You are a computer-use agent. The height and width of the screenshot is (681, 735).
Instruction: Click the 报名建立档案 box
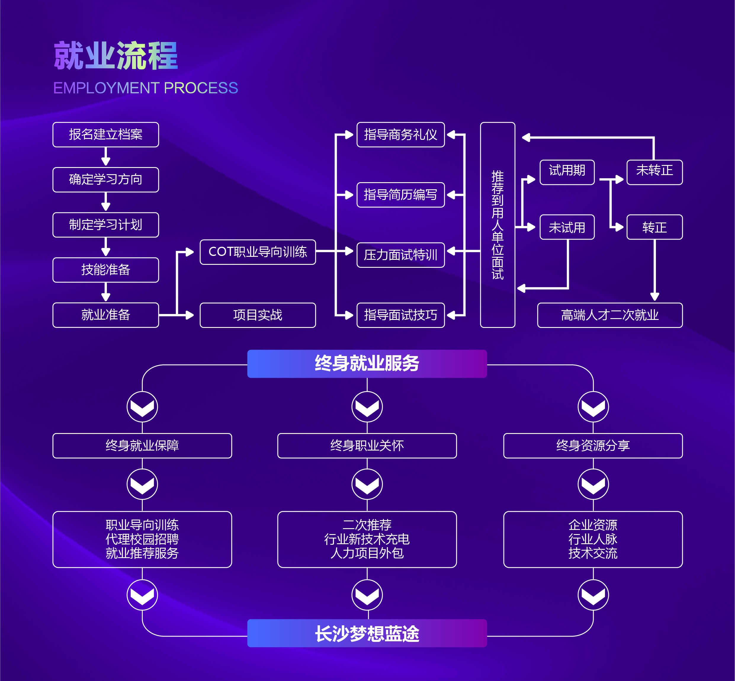[x=106, y=134]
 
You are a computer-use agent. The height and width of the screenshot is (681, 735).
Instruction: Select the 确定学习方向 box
[x=106, y=180]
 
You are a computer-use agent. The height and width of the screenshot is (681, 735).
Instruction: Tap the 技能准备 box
[x=106, y=270]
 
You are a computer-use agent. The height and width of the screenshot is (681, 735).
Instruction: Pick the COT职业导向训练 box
[x=258, y=252]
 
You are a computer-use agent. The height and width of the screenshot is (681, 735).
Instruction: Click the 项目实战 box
[x=258, y=315]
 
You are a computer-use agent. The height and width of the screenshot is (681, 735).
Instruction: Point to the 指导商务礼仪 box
[x=400, y=134]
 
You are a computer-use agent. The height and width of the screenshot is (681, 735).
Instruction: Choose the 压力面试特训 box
[x=400, y=255]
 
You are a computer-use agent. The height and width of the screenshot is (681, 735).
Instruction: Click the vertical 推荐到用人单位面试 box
[x=498, y=225]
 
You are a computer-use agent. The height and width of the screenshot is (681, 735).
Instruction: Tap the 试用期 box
[x=567, y=172]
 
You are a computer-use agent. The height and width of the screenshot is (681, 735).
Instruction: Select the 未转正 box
[x=654, y=172]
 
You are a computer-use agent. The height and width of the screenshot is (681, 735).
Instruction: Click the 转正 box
[x=654, y=227]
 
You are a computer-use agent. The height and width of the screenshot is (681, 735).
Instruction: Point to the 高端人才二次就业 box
[x=610, y=315]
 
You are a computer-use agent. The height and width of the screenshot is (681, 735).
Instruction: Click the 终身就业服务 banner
[x=367, y=364]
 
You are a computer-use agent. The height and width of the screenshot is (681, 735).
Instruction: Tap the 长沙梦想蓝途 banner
[x=367, y=633]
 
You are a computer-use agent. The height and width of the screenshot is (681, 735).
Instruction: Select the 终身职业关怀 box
[x=367, y=446]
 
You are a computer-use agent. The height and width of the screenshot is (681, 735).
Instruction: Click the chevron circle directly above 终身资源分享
[x=593, y=407]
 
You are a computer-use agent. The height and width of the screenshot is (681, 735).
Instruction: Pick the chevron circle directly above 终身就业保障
[x=142, y=407]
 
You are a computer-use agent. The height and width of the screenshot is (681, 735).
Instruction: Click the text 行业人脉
[x=593, y=539]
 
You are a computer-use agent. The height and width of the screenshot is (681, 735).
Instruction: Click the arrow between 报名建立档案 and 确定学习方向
[x=106, y=157]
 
